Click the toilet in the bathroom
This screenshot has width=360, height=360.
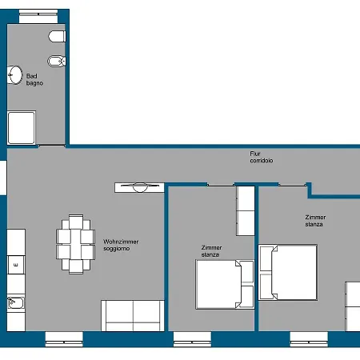pyautogui.click(x=57, y=36)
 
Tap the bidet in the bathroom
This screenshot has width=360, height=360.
pyautogui.click(x=57, y=61)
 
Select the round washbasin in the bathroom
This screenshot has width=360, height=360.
pyautogui.click(x=14, y=75)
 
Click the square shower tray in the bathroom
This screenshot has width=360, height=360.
pyautogui.click(x=22, y=128)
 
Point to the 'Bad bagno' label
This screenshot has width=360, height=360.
pyautogui.click(x=34, y=79)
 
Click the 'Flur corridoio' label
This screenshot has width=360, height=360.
pyautogui.click(x=262, y=157)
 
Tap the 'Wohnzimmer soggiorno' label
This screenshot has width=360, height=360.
pyautogui.click(x=121, y=245)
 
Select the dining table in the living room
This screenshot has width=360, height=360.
pyautogui.click(x=76, y=244)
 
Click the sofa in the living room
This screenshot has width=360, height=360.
pyautogui.click(x=133, y=316)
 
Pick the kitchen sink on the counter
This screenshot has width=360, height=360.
pyautogui.click(x=16, y=303)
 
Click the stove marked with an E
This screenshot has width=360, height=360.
pyautogui.click(x=16, y=265)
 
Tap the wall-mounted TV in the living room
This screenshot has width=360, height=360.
pyautogui.click(x=139, y=187)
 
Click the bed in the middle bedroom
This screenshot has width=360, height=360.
pyautogui.click(x=225, y=285)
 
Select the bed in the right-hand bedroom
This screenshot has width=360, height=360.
pyautogui.click(x=288, y=272)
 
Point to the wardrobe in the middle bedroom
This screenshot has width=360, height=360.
pyautogui.click(x=246, y=210)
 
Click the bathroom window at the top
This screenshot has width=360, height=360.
pyautogui.click(x=38, y=17)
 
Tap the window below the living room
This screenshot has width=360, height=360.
pyautogui.click(x=64, y=339)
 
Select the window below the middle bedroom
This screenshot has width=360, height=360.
pyautogui.click(x=192, y=339)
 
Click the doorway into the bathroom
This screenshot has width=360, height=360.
pyautogui.click(x=52, y=146)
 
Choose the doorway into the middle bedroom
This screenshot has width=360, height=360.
pyautogui.click(x=221, y=185)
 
